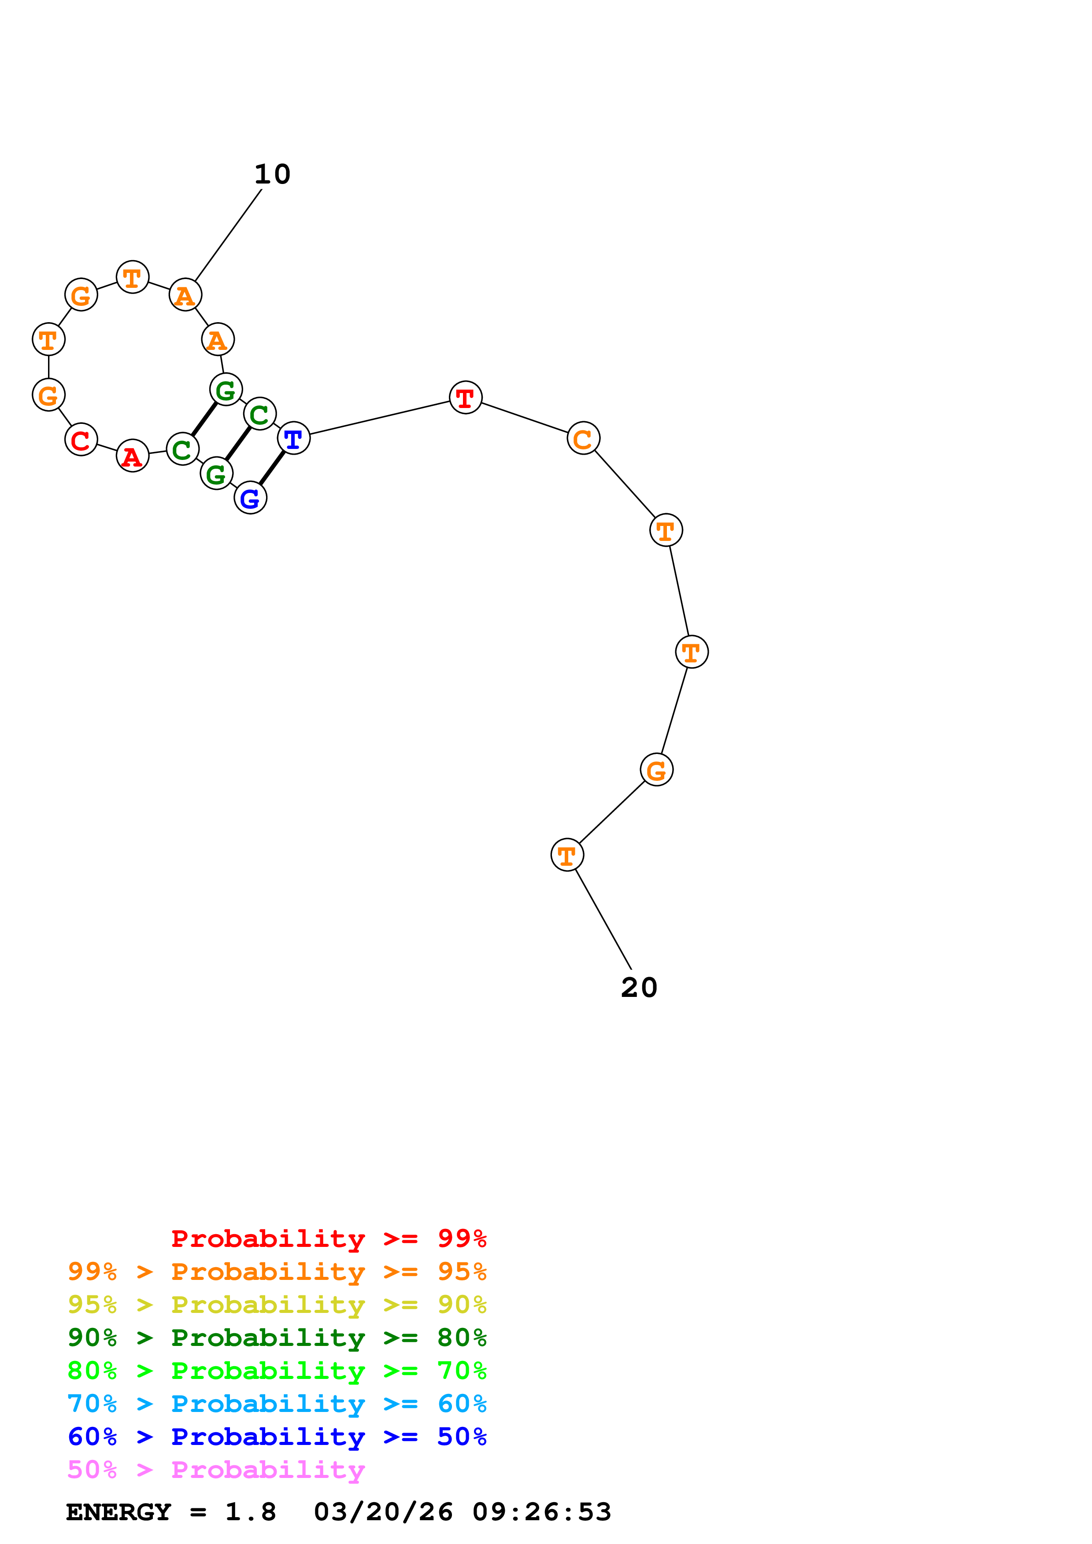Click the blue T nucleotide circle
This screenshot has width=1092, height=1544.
(x=293, y=438)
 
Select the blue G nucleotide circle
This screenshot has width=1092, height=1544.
(x=250, y=498)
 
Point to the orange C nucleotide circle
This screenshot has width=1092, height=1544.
(x=583, y=438)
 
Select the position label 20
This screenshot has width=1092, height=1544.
(x=639, y=988)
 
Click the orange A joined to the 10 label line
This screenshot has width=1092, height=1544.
(x=185, y=295)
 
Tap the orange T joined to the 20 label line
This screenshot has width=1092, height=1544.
(x=567, y=855)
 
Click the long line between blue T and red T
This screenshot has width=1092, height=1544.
(x=379, y=418)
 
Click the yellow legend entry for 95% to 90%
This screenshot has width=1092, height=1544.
(x=277, y=1305)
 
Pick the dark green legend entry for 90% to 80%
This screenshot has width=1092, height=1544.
(x=277, y=1338)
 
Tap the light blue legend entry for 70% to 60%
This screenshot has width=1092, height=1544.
(x=277, y=1404)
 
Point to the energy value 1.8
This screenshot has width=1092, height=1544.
(x=250, y=1512)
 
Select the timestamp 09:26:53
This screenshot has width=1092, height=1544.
(x=542, y=1512)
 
